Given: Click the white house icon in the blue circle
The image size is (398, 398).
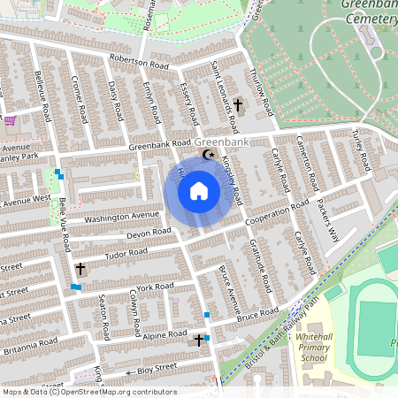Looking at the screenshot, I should pyautogui.click(x=199, y=191).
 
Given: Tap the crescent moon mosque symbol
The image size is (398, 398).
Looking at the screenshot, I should pyautogui.click(x=209, y=155).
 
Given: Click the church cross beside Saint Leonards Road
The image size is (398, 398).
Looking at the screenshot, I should pyautogui.click(x=237, y=106).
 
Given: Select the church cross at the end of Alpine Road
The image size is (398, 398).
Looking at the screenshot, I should pyautogui.click(x=198, y=339).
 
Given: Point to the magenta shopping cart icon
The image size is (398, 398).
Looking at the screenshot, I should pyautogui.click(x=10, y=120).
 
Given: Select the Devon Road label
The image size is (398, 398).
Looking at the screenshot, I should pyautogui.click(x=149, y=233).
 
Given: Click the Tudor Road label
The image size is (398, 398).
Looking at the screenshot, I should pyautogui.click(x=127, y=253).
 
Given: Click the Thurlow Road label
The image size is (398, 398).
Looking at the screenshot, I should pyautogui.click(x=263, y=88).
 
